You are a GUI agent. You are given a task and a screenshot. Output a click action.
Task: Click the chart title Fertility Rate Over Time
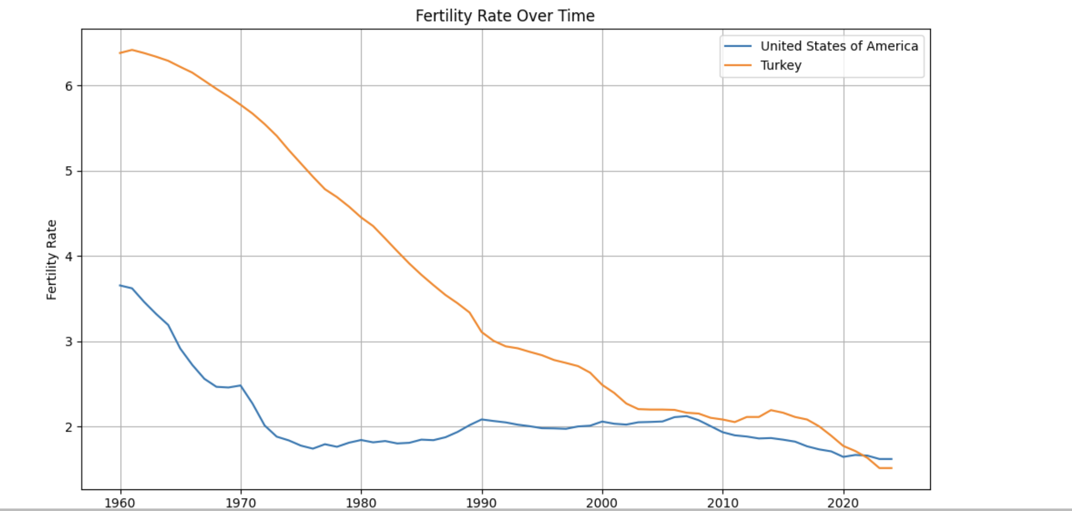(x=505, y=16)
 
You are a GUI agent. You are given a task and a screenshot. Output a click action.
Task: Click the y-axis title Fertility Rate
(x=52, y=260)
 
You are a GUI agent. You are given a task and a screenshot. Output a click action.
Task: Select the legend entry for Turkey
(x=780, y=65)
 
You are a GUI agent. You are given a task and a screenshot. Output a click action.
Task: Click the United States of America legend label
(x=839, y=46)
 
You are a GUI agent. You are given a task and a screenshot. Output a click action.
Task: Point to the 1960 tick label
(x=120, y=502)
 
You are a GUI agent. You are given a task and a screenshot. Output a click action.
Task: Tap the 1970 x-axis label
(x=241, y=502)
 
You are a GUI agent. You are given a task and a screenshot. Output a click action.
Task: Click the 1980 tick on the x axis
(x=361, y=502)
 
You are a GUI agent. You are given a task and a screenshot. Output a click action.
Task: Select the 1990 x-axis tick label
(x=482, y=502)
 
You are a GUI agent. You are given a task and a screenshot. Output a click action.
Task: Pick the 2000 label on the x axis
(x=602, y=502)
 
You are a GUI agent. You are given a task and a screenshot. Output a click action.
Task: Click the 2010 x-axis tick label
(x=723, y=502)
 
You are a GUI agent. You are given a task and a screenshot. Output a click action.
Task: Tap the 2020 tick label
(x=844, y=502)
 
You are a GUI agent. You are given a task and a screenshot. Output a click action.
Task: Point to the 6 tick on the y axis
(x=69, y=86)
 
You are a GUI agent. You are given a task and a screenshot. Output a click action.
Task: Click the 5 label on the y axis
(x=69, y=172)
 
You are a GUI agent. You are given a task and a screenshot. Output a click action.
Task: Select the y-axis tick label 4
(x=69, y=257)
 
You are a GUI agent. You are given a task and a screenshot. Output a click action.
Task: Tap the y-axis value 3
(x=69, y=342)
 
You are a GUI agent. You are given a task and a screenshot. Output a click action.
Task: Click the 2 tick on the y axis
(x=69, y=427)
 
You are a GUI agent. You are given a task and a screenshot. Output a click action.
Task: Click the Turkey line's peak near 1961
(x=132, y=50)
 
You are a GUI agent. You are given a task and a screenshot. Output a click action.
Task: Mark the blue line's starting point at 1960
(x=120, y=285)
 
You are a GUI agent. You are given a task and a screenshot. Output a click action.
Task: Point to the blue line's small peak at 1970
(x=241, y=385)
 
